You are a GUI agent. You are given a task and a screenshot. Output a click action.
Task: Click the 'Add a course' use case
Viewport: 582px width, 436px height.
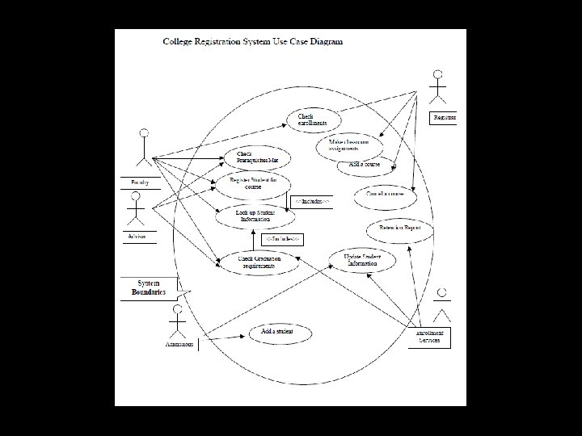point(365,165)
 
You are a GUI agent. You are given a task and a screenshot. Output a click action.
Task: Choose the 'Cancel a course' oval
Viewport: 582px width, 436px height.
point(384,195)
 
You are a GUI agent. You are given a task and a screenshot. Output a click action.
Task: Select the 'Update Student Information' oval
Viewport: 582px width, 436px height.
point(362,259)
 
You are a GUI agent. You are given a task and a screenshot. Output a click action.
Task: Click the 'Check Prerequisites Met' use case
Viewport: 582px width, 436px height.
point(256,157)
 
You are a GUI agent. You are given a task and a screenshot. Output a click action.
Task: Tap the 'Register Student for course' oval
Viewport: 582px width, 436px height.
point(251,185)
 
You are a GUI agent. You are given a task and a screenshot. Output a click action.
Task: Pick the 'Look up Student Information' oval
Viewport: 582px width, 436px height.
point(255,214)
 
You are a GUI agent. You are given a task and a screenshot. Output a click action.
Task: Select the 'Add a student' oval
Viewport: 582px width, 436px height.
point(276,332)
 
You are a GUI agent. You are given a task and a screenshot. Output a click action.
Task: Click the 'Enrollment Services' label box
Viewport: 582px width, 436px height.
point(429,337)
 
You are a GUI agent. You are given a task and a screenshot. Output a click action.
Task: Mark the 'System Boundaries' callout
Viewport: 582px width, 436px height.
point(150,287)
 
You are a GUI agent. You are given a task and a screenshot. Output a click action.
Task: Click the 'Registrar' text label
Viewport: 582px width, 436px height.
point(444,118)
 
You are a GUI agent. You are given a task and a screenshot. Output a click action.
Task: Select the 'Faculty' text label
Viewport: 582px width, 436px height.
point(140,182)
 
